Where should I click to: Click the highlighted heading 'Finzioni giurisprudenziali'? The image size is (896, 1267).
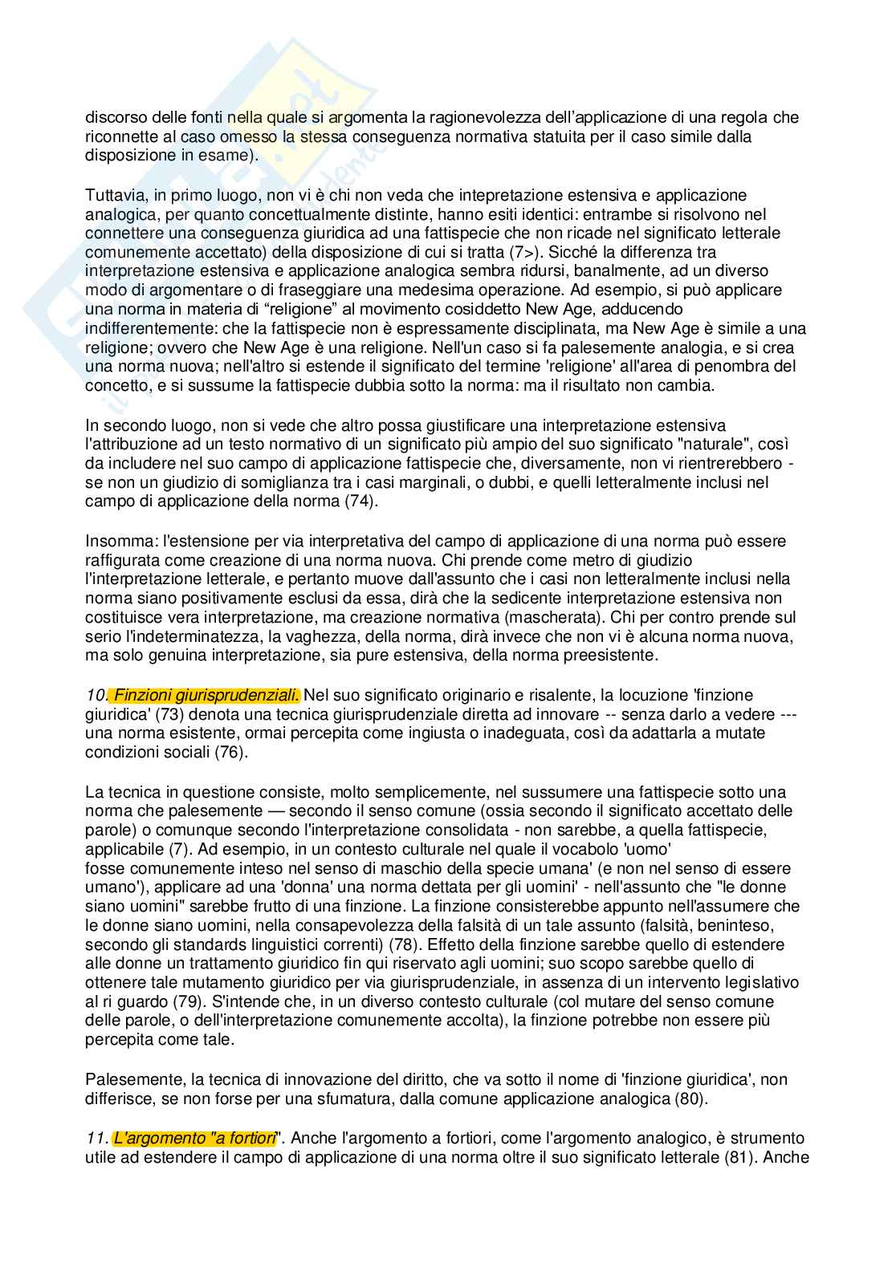click(x=207, y=695)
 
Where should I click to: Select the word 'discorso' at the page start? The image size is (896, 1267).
click(x=113, y=117)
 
